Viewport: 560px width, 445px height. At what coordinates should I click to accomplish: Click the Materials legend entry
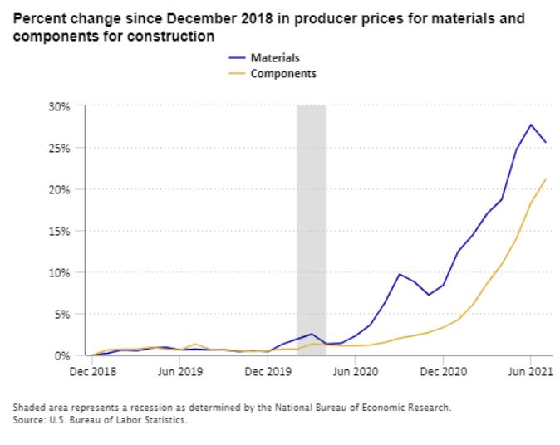click(x=274, y=58)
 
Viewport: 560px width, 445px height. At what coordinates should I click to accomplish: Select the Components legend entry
click(x=282, y=74)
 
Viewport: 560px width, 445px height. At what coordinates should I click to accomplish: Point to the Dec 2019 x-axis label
click(x=268, y=371)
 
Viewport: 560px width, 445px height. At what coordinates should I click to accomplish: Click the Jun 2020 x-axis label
click(x=356, y=371)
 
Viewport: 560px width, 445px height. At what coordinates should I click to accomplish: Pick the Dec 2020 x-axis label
click(x=444, y=371)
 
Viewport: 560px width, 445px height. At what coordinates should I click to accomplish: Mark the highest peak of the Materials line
click(x=531, y=125)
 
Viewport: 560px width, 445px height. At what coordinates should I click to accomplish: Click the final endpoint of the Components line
click(x=546, y=179)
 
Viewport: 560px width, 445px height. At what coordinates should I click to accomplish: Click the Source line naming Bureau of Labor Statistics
click(x=100, y=420)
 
